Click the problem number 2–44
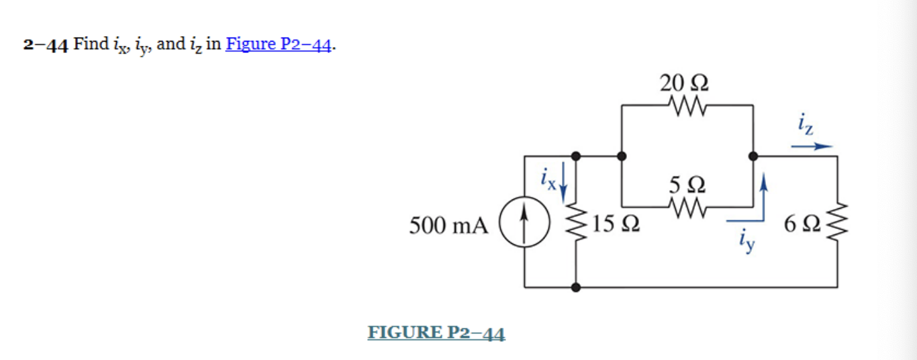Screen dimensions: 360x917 (46, 45)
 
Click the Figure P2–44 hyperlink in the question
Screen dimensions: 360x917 (279, 45)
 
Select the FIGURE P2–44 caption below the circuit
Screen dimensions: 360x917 (436, 332)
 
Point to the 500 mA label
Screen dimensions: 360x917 (448, 226)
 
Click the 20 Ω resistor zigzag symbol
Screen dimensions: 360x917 (685, 105)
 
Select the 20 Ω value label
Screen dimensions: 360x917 (685, 83)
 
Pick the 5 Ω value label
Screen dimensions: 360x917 (686, 184)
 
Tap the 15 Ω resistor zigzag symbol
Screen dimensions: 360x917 (576, 222)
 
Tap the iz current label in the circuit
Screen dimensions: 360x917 (806, 126)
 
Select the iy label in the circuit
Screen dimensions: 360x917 (745, 240)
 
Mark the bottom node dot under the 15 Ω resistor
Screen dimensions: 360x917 (576, 287)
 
